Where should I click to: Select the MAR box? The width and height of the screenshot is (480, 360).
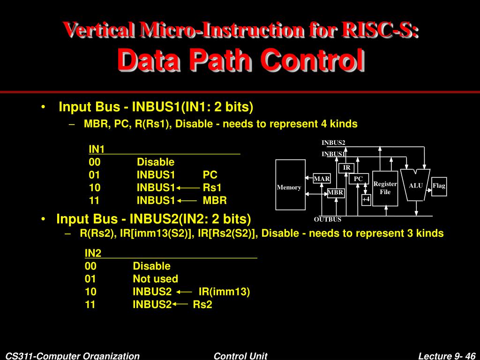322,179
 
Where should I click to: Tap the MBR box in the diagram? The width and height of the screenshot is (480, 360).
336,193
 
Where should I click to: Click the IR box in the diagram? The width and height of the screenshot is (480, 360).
346,168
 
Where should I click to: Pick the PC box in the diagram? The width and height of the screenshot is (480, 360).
358,179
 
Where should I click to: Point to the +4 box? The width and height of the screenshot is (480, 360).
366,199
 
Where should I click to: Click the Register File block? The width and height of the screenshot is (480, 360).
385,188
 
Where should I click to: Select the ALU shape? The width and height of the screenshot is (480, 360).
415,185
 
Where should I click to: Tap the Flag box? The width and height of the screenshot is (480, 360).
439,186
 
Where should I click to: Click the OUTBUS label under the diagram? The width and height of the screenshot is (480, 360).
328,219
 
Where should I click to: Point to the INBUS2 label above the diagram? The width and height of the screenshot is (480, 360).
333,142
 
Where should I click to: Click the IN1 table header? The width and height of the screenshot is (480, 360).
97,149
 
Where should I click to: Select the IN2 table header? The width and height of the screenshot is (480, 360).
93,253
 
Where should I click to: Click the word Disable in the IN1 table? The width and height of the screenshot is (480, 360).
156,162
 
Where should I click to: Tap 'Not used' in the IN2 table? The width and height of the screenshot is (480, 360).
155,279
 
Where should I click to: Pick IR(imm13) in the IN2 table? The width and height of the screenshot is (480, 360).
224,292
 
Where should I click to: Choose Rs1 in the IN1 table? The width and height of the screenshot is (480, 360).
212,187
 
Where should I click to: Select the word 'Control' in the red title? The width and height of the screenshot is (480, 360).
313,61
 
